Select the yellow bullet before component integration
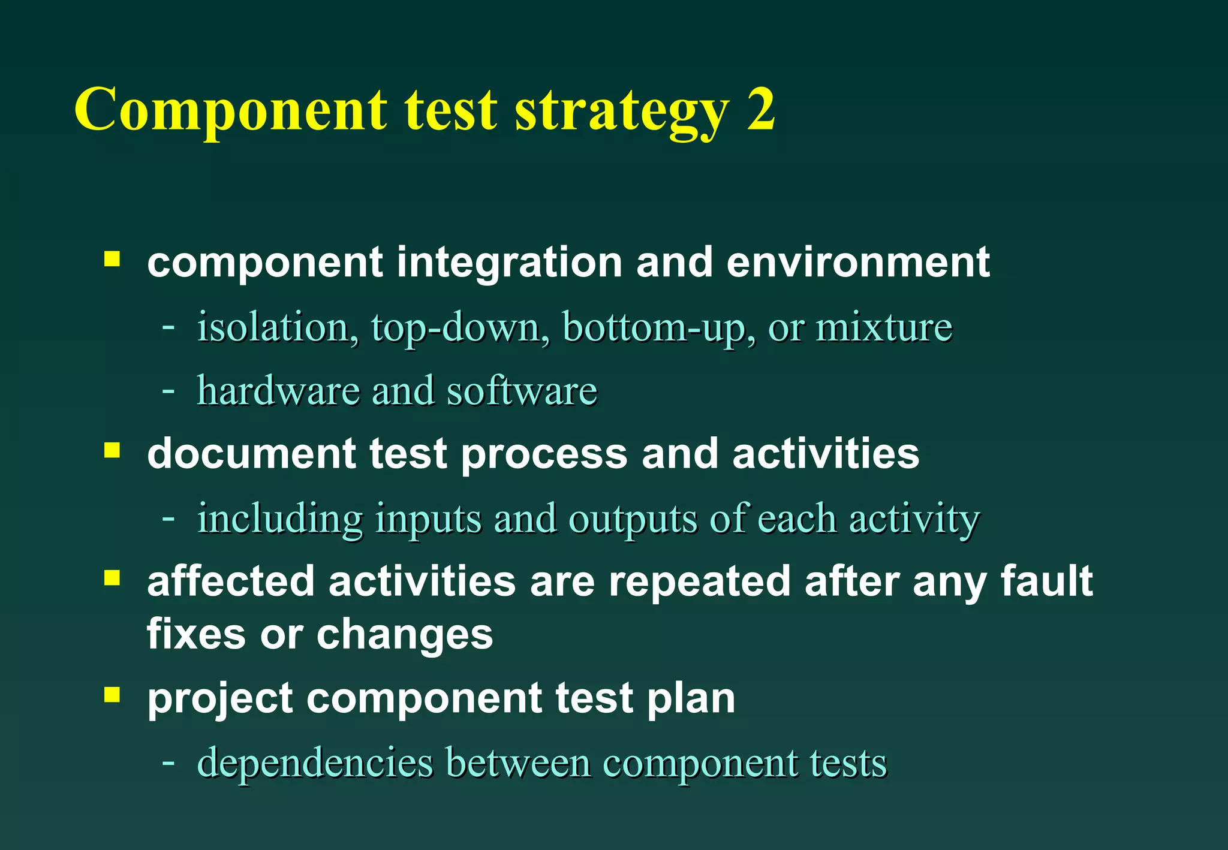pyautogui.click(x=112, y=259)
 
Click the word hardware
pyautogui.click(x=278, y=391)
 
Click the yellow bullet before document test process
pyautogui.click(x=112, y=450)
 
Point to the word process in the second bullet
pyautogui.click(x=544, y=454)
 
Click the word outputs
pyautogui.click(x=633, y=519)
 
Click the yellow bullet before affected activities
pyautogui.click(x=112, y=578)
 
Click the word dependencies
pyautogui.click(x=315, y=764)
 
